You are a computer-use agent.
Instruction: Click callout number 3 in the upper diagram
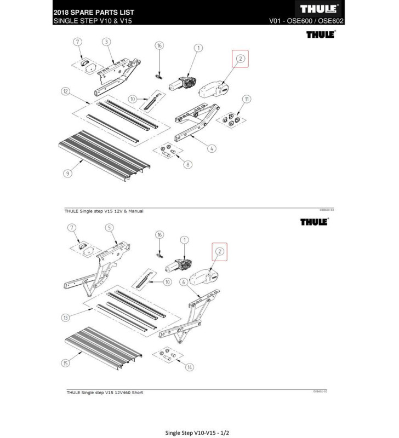pyautogui.click(x=106, y=42)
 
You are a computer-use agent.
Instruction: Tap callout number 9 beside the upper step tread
pyautogui.click(x=67, y=173)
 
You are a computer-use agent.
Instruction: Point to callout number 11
pyautogui.click(x=247, y=99)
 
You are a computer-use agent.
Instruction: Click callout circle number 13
pyautogui.click(x=67, y=317)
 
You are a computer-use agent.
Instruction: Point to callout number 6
pyautogui.click(x=184, y=281)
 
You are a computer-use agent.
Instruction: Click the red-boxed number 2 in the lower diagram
pyautogui.click(x=220, y=251)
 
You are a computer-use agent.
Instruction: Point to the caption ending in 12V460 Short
pyautogui.click(x=105, y=393)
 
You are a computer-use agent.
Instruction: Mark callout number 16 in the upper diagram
pyautogui.click(x=159, y=45)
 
